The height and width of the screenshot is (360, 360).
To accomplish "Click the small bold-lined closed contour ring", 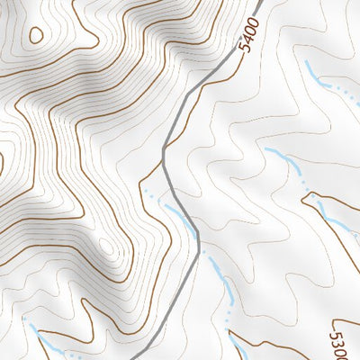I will (36, 35).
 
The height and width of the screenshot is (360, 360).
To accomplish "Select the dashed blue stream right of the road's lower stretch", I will (220, 279).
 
